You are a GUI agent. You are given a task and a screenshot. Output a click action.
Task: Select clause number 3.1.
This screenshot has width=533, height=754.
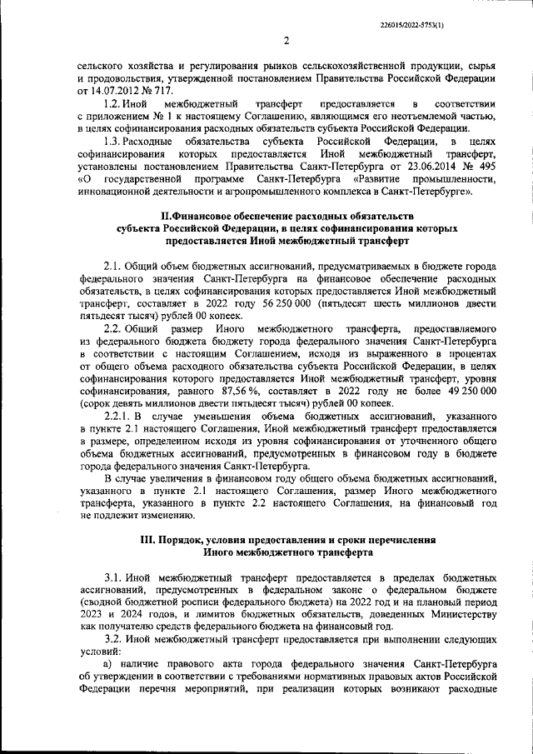point(112,577)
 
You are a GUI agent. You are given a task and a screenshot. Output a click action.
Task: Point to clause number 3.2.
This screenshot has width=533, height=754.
point(112,637)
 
